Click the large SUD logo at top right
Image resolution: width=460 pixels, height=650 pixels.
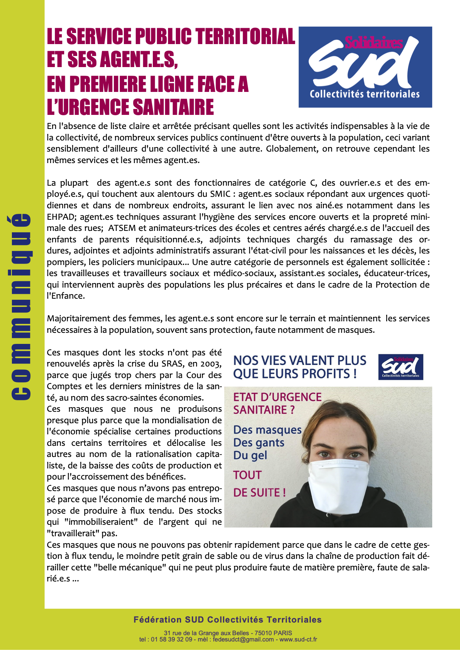coord(365,67)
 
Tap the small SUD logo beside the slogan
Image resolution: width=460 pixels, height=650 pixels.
coord(400,367)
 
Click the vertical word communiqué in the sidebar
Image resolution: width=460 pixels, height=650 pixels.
coord(20,307)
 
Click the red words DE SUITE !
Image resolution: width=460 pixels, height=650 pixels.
coord(259,493)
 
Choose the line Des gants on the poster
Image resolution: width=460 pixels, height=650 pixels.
coord(259,442)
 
